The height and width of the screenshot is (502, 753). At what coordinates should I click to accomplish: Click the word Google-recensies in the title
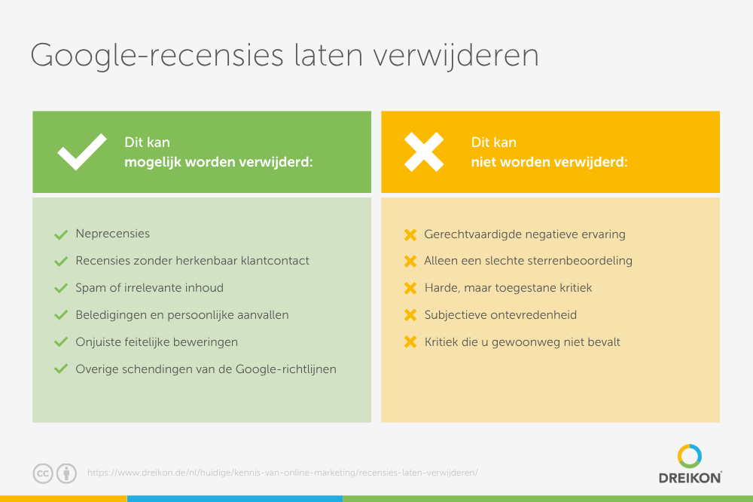coord(157,56)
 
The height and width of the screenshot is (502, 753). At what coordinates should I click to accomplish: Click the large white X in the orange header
coord(423,152)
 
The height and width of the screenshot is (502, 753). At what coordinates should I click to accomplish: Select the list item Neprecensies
coord(112,234)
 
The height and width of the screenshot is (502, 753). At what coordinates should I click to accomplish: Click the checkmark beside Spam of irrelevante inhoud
coord(61,288)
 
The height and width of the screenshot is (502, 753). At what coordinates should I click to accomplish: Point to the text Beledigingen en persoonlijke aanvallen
coord(182,315)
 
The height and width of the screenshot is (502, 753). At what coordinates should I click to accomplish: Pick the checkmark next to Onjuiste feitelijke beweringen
coord(61,342)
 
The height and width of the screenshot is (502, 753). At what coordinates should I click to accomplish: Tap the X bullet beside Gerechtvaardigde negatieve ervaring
coord(410,234)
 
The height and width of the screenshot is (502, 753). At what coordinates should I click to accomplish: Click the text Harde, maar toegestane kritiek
coord(508,288)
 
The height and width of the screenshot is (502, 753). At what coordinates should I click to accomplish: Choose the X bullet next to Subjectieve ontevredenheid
coord(410,315)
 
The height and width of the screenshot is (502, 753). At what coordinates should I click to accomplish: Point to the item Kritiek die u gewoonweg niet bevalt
coord(522,342)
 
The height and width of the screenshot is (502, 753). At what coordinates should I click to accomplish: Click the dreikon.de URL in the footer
coord(282,473)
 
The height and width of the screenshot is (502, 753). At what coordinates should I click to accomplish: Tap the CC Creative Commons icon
coord(43,473)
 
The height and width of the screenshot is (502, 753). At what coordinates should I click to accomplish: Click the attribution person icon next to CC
coord(66,473)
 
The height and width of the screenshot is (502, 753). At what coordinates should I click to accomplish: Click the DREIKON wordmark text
coord(690,478)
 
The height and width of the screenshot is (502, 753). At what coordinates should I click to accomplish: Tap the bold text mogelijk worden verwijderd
coord(218,162)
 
